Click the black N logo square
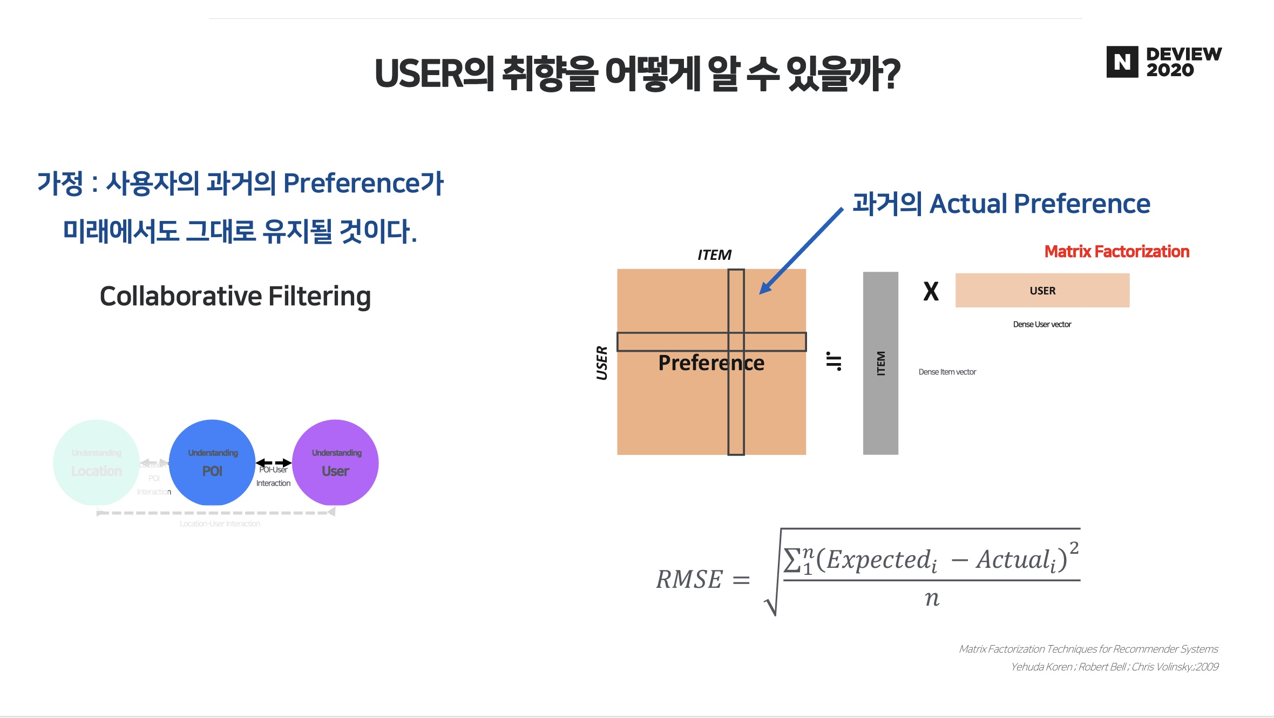pyautogui.click(x=1122, y=62)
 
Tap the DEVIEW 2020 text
pyautogui.click(x=1183, y=62)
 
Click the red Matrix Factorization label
pyautogui.click(x=1116, y=252)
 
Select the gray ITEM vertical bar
pyautogui.click(x=880, y=363)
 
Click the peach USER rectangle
pyautogui.click(x=1042, y=291)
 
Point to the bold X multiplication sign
pyautogui.click(x=931, y=292)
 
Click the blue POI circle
pyautogui.click(x=212, y=462)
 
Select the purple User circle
pyautogui.click(x=335, y=462)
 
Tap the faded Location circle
pyautogui.click(x=97, y=462)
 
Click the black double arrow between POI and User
pyautogui.click(x=274, y=463)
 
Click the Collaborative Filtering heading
pyautogui.click(x=235, y=296)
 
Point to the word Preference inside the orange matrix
pyautogui.click(x=711, y=363)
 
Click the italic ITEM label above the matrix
pyautogui.click(x=714, y=255)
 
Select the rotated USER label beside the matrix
pyautogui.click(x=602, y=363)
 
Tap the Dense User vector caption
pyautogui.click(x=1042, y=325)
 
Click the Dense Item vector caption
pyautogui.click(x=947, y=372)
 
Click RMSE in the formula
pyautogui.click(x=689, y=580)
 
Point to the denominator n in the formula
pyautogui.click(x=932, y=599)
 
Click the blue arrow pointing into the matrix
pyautogui.click(x=801, y=251)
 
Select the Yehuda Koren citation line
pyautogui.click(x=1114, y=667)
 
